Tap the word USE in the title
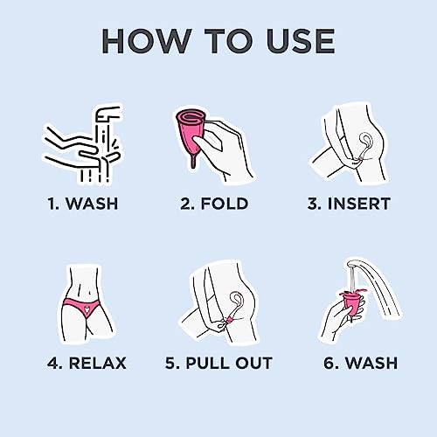tap(301, 41)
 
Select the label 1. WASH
tap(83, 204)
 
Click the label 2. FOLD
tap(214, 204)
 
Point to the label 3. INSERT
tap(349, 204)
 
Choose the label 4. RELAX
tap(87, 363)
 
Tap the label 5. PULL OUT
tap(218, 363)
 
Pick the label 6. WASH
tap(361, 363)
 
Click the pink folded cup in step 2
tap(190, 133)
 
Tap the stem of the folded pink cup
tap(192, 162)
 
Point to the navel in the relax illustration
tap(90, 293)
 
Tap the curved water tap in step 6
tap(376, 280)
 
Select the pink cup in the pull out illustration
tap(229, 321)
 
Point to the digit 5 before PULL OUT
tap(170, 363)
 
